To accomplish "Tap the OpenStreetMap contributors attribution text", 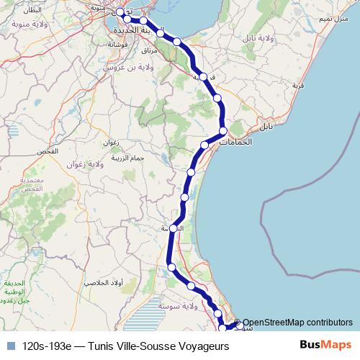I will coord(297,323).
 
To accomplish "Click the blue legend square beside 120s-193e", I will coord(10,346).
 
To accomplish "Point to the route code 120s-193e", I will coord(46,346).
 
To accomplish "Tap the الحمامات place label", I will coord(236,143).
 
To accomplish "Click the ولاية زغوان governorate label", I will coord(107,165).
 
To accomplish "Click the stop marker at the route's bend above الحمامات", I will coord(223,130).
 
